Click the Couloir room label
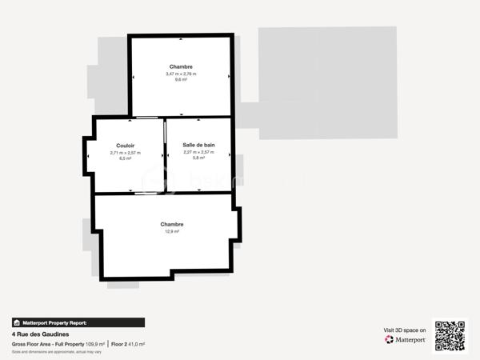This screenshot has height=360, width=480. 125,146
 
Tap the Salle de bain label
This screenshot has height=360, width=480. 198,145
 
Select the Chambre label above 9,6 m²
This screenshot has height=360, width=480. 181,66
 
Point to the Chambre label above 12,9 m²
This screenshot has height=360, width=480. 172,225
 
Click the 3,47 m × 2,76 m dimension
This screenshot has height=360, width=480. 181,74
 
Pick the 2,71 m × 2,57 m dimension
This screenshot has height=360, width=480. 125,152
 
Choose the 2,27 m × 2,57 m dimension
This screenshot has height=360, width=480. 198,152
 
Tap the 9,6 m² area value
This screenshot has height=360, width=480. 181,80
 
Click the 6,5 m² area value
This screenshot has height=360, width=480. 125,158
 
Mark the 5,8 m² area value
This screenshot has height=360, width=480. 198,158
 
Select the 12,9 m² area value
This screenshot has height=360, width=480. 172,232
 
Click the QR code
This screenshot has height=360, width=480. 450,336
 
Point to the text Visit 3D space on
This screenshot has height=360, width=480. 405,330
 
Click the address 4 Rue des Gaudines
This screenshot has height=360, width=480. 40,334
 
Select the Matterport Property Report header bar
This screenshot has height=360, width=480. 78,322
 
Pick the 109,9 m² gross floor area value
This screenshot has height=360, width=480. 95,344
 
